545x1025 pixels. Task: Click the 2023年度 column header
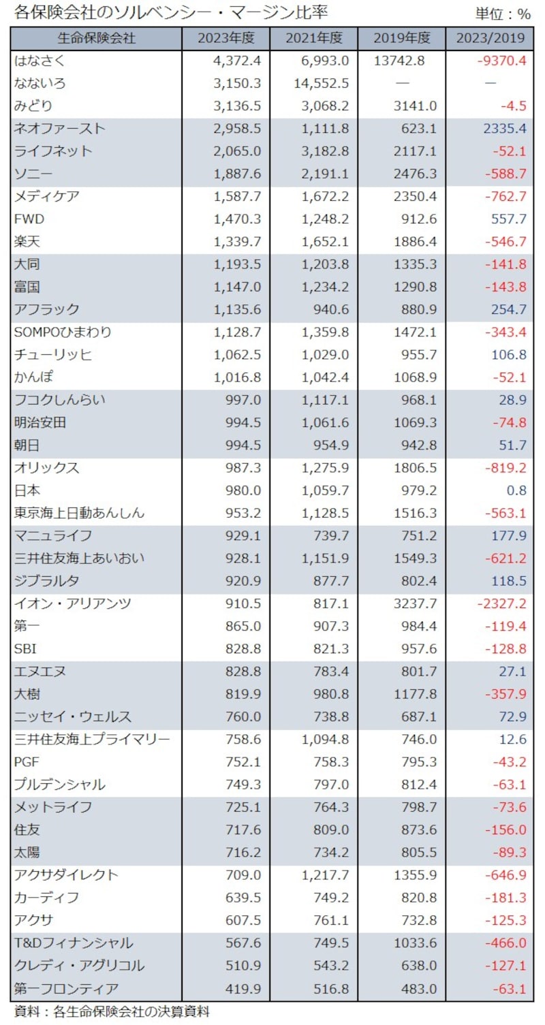point(225,38)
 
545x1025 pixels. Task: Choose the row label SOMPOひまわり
point(63,332)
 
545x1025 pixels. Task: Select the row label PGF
point(28,762)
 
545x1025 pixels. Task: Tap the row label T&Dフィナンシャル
point(73,943)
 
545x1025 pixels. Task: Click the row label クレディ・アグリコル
point(78,966)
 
